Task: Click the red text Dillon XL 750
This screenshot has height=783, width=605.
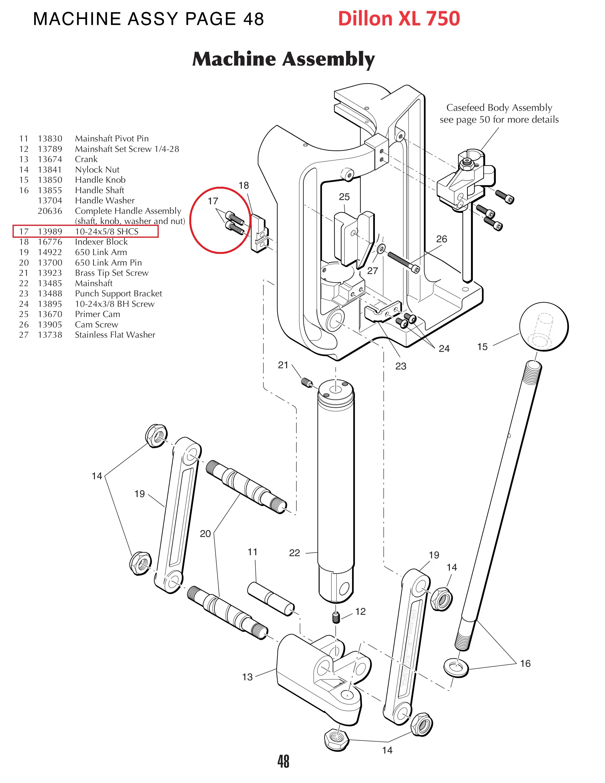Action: (399, 19)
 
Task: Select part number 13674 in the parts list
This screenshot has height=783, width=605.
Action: (50, 159)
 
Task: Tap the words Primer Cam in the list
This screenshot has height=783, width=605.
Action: (98, 314)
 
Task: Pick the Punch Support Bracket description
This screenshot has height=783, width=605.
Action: (118, 294)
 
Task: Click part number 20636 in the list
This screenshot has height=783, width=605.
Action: (50, 211)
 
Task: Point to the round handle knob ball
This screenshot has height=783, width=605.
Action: (544, 326)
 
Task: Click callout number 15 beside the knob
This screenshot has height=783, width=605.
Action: (482, 347)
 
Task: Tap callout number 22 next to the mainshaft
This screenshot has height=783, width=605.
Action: (294, 553)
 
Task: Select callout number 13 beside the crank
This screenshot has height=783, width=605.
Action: (247, 677)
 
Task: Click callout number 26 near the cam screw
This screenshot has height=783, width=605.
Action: (441, 239)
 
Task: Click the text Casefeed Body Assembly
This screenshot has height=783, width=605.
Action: (499, 107)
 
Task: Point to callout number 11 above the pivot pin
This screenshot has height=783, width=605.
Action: (252, 552)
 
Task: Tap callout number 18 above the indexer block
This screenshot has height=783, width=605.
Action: (244, 185)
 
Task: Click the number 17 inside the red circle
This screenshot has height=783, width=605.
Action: (213, 201)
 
